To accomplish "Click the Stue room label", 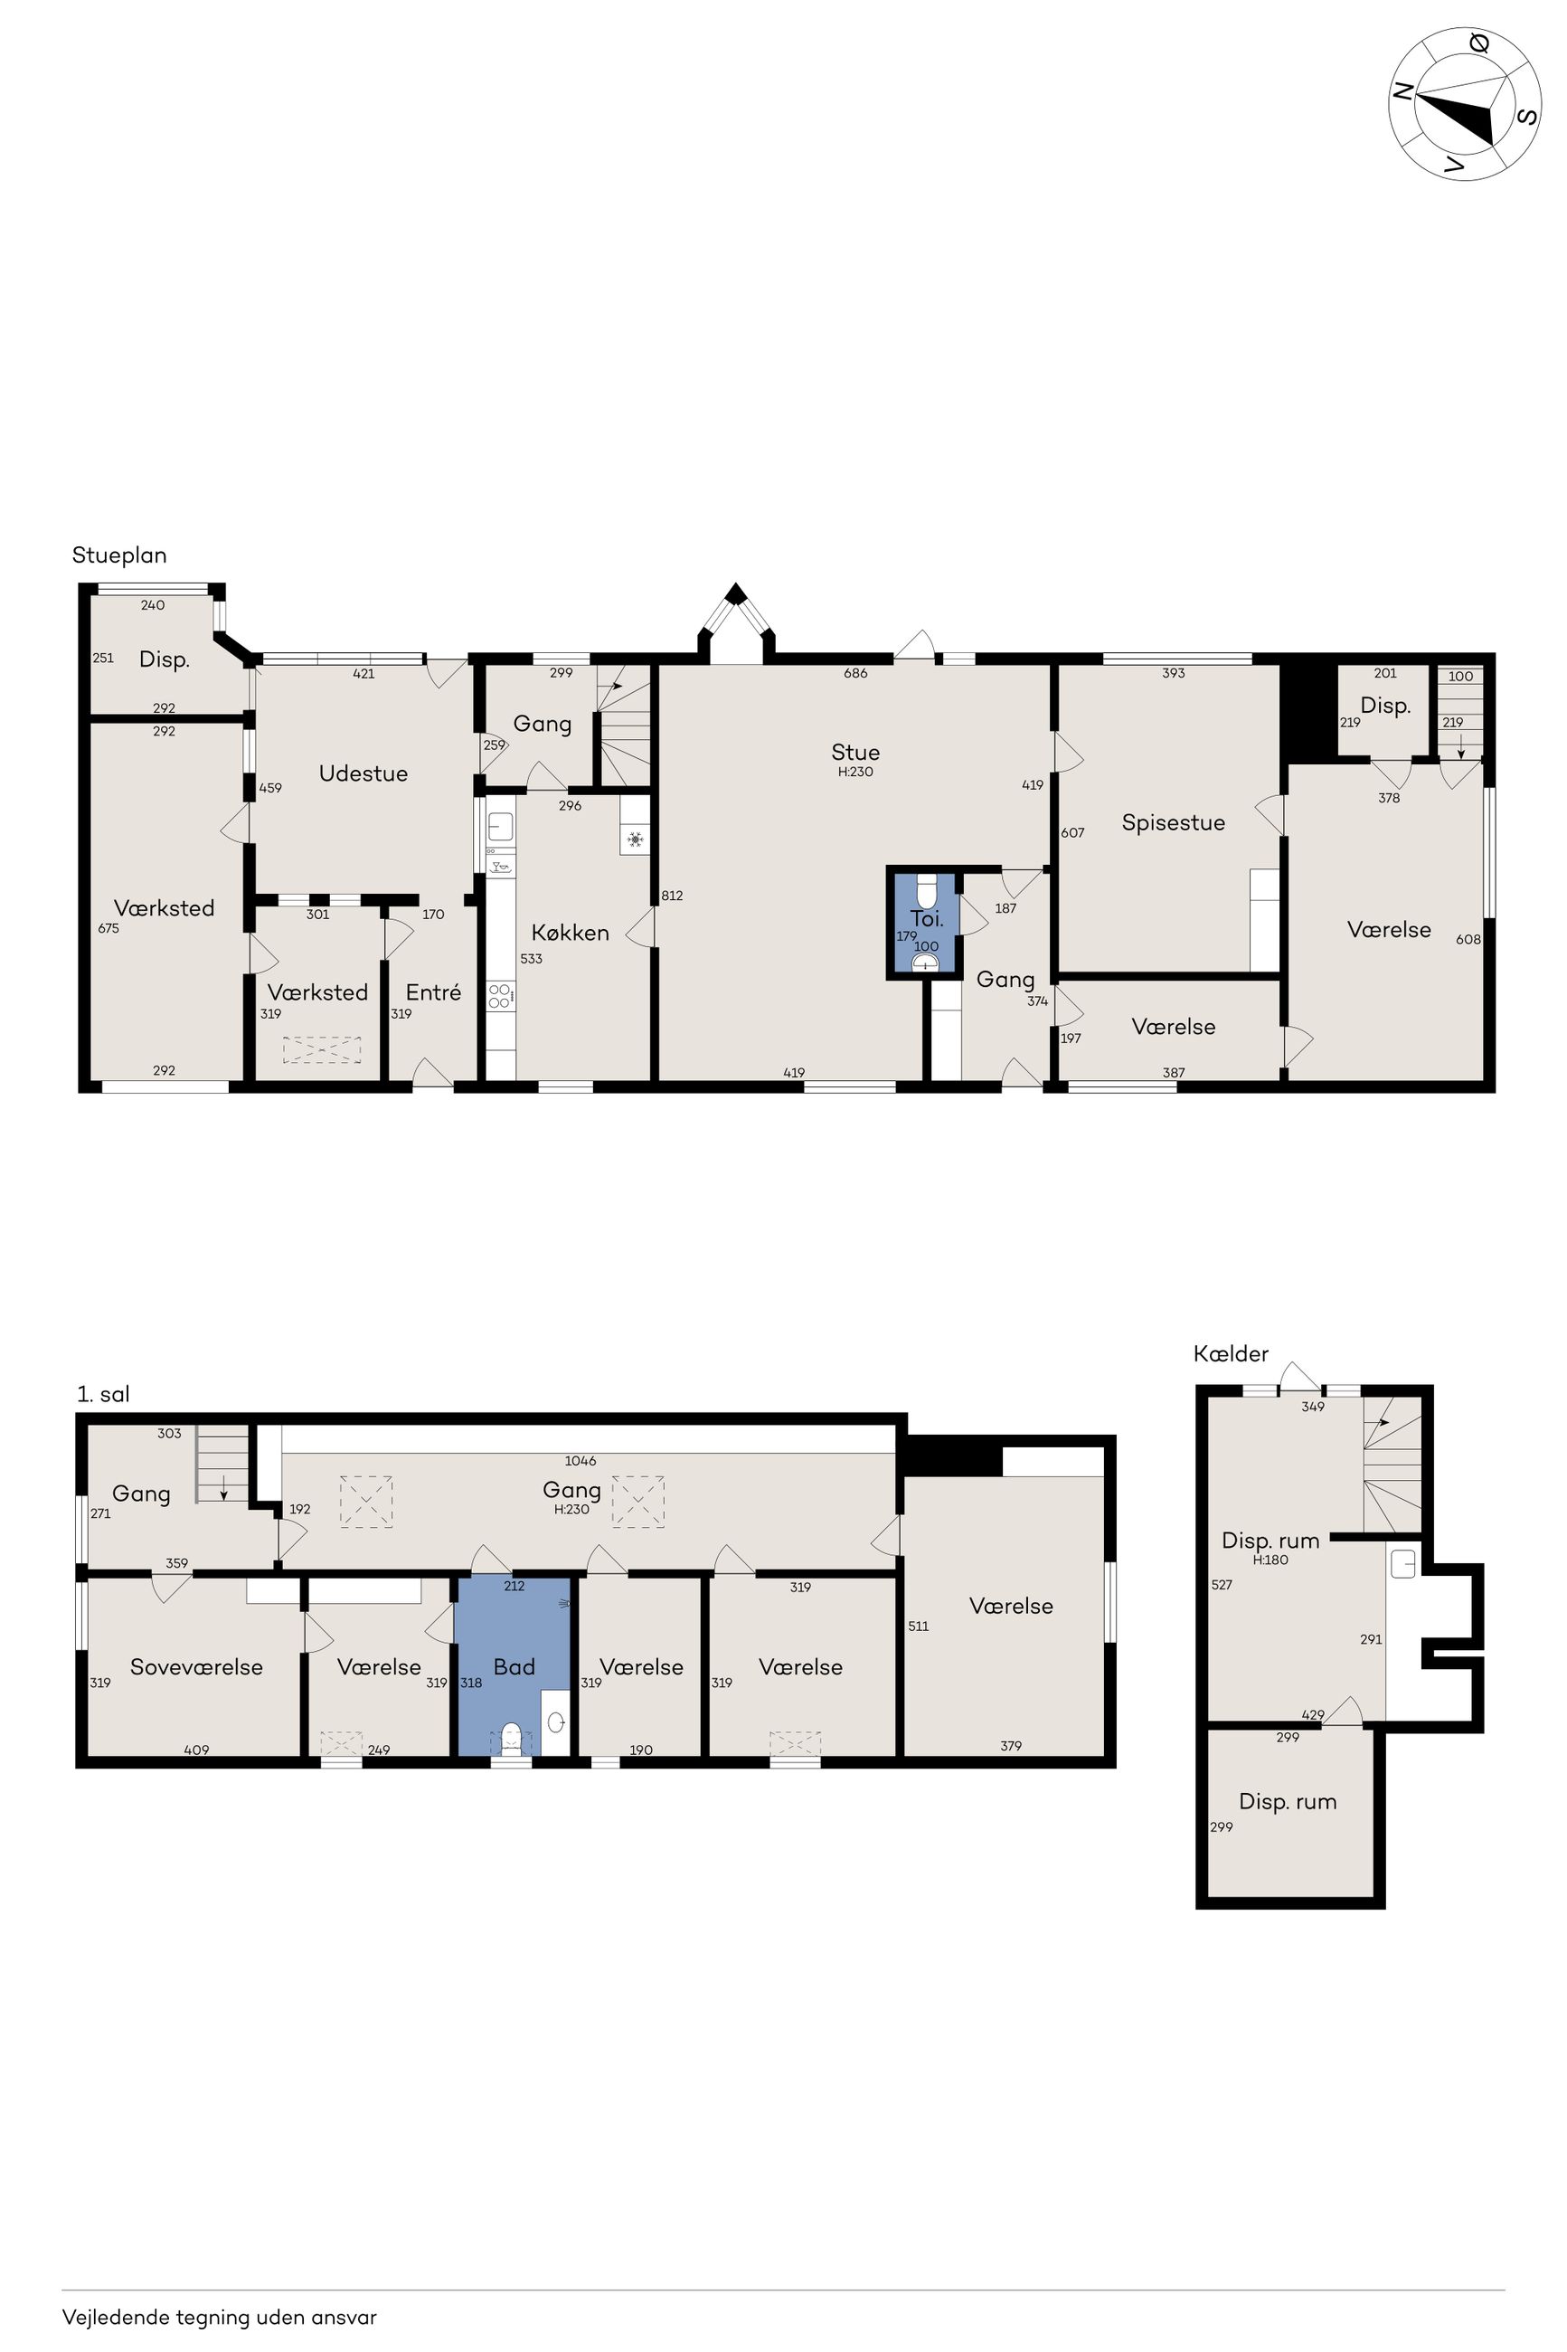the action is point(855,753).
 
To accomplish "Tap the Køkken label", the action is point(571,933).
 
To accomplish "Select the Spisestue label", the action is point(1174,823).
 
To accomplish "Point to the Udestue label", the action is point(363,773).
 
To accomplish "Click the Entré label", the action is point(434,992).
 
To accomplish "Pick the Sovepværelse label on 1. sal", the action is point(197,1667).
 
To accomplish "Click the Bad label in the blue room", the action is point(514,1667).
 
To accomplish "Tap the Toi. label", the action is point(927,918).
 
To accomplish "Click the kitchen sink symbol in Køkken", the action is point(501,827).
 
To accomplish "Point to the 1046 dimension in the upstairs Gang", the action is point(581,1460).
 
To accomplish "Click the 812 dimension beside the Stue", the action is point(673,896).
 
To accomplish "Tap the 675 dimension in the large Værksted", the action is point(109,929).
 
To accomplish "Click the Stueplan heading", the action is point(119,555).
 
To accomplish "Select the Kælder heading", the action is point(1232,1354).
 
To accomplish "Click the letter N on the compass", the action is point(1403,91).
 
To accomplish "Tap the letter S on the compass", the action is point(1527,116).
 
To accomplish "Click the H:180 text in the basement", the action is point(1271,1560).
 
